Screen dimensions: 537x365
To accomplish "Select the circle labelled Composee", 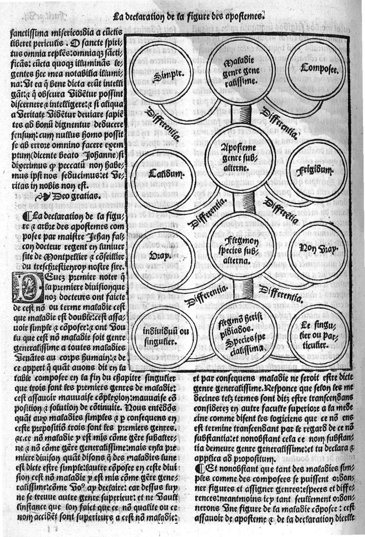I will [314, 69].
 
